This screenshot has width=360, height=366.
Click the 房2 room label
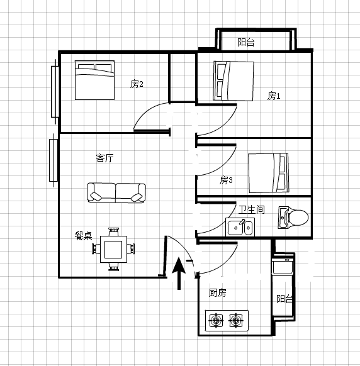click(x=137, y=84)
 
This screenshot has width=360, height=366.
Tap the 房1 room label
click(x=274, y=96)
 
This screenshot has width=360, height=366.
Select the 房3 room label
click(x=226, y=180)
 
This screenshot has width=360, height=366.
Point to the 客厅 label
click(x=105, y=158)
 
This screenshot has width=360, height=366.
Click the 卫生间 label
click(x=252, y=209)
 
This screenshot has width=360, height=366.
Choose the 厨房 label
click(x=218, y=292)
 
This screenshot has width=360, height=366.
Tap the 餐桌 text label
click(x=84, y=236)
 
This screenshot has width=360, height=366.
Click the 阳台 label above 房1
click(x=246, y=43)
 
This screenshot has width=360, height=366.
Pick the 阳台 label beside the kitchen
click(x=284, y=299)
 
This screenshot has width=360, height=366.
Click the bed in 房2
click(x=94, y=80)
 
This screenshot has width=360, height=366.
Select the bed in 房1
click(x=233, y=81)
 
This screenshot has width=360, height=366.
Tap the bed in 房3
click(x=268, y=173)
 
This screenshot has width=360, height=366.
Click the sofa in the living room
click(x=116, y=193)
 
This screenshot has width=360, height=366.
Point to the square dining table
click(x=113, y=249)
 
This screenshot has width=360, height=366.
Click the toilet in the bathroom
click(x=293, y=218)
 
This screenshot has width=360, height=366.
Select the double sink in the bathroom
click(x=240, y=227)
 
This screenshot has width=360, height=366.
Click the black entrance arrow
click(x=179, y=273)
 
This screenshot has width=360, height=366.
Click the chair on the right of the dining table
click(x=131, y=249)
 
